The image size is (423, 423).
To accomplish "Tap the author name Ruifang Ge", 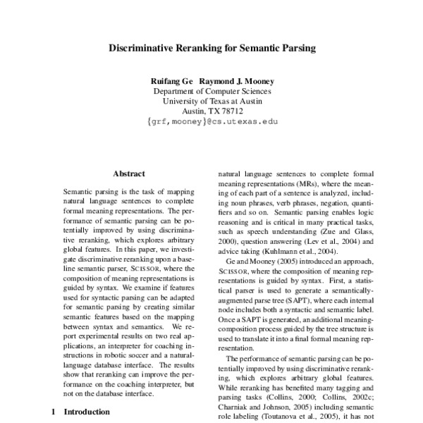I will click(171, 80).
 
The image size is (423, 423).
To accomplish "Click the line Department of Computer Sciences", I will click(211, 91).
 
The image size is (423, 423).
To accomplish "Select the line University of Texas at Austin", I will click(211, 101).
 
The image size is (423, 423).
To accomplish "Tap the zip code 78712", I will click(231, 111).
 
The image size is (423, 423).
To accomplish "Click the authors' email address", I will click(211, 121).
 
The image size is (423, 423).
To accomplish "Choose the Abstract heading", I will click(129, 173).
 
